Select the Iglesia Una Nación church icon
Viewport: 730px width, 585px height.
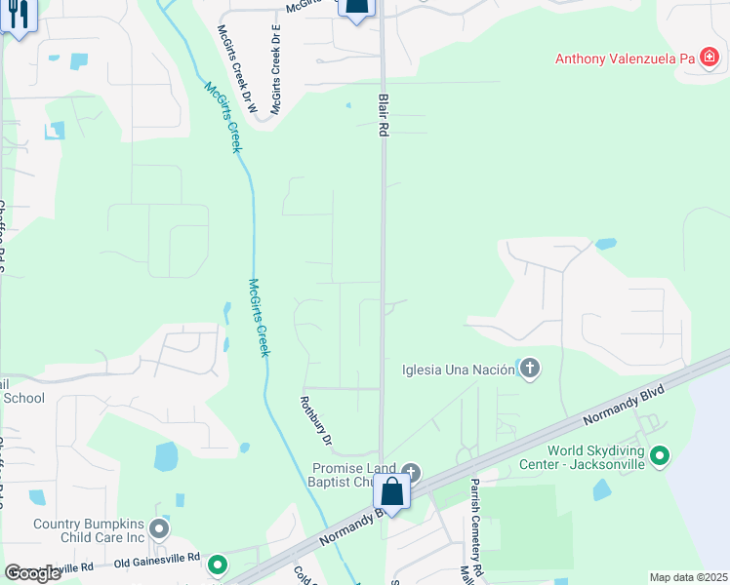[x=529, y=369]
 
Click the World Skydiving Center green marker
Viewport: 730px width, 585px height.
[x=661, y=455]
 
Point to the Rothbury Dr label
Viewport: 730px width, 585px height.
[x=315, y=420]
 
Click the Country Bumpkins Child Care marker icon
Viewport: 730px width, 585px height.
[x=160, y=530]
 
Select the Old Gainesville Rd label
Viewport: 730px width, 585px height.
[x=156, y=561]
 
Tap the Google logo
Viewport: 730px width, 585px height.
[x=32, y=572]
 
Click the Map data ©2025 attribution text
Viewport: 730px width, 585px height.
[x=688, y=577]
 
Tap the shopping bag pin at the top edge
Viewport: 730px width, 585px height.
[x=357, y=8]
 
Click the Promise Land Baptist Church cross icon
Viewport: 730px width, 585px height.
[x=411, y=474]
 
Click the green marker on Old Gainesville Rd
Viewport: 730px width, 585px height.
[x=218, y=564]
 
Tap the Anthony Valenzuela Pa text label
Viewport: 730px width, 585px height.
[x=625, y=58]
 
